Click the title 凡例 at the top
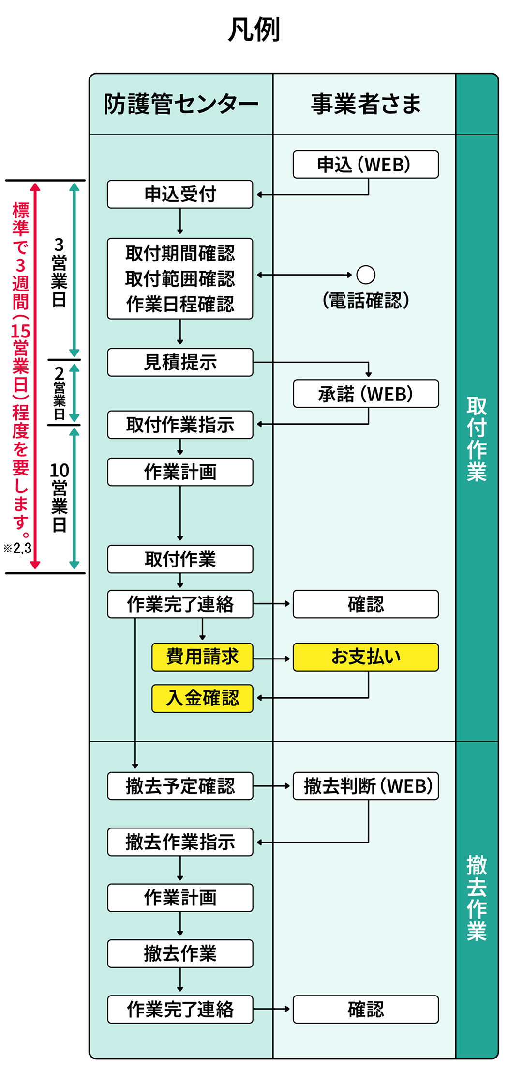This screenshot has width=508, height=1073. coord(254,30)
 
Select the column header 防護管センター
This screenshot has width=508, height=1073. coord(181,104)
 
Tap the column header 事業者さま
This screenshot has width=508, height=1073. coord(365,104)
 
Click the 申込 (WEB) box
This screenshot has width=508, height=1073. coord(365,165)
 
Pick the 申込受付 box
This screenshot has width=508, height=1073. coord(180,194)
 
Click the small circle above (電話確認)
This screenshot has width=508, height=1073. coord(366,275)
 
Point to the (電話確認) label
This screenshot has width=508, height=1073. coord(366,301)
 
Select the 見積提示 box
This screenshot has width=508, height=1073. coord(180,362)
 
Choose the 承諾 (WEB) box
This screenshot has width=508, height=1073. coord(366,394)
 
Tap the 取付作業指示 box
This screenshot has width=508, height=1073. coord(180,425)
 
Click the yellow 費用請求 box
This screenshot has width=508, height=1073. coord(202,657)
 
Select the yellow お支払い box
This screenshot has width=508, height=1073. coord(366,657)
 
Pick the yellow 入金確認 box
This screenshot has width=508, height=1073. coord(202,698)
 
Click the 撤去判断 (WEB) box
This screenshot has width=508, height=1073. coord(366,786)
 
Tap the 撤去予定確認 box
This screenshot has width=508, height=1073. coord(180,786)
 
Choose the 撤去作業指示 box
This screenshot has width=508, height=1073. coord(180,842)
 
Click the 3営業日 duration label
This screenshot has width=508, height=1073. coord(59,272)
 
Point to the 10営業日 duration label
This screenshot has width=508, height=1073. coord(59,498)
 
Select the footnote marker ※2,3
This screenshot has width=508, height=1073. coord(17,548)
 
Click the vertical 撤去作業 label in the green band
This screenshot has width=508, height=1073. coord(477,898)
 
